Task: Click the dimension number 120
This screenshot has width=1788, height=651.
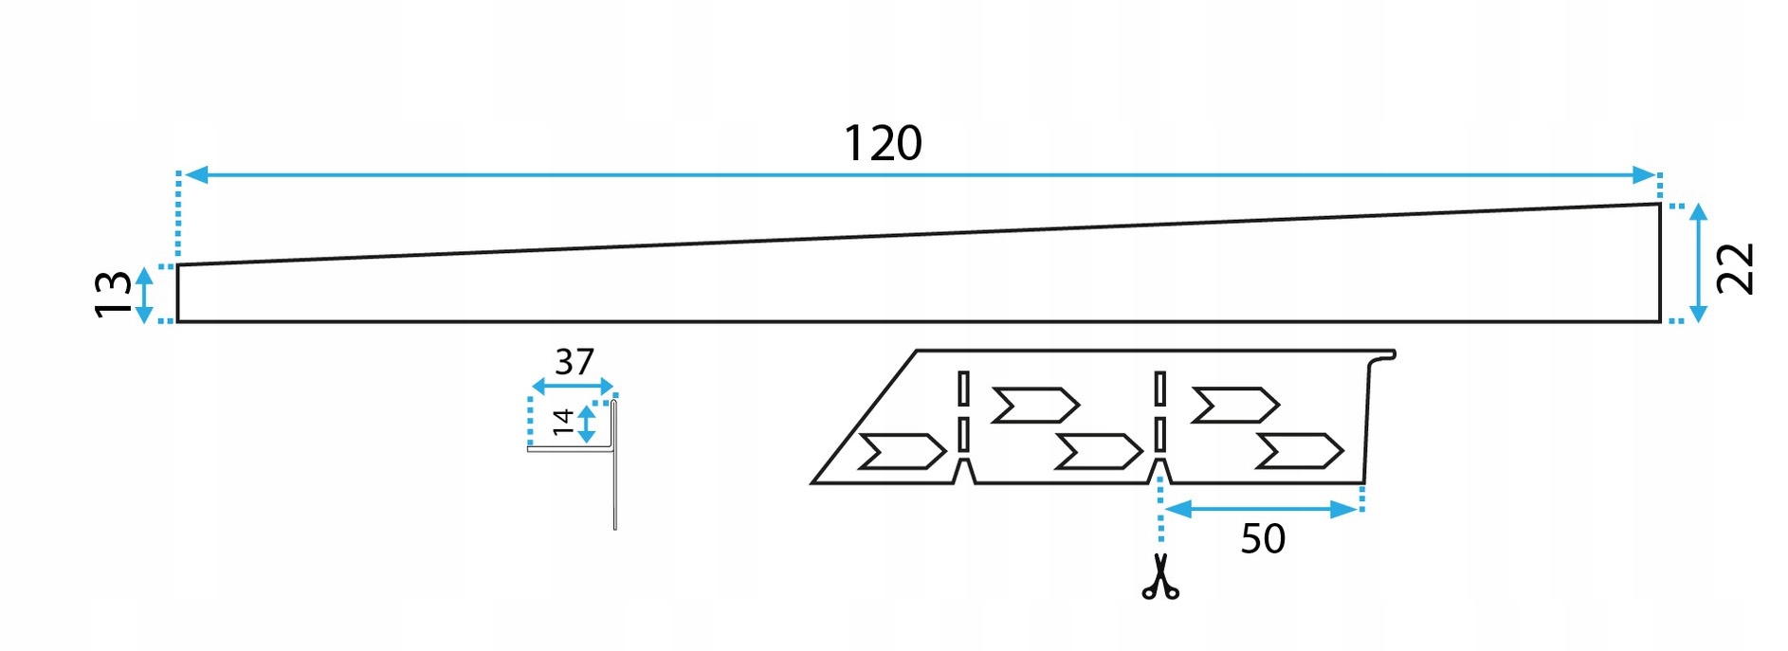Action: point(883,144)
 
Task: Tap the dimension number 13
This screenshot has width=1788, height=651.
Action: point(114,294)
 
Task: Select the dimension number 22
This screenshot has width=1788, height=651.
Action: point(1736,268)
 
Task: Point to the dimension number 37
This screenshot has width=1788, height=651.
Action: point(575,362)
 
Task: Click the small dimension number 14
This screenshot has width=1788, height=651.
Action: point(563,422)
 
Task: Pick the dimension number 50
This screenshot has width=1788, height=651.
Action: point(1263,539)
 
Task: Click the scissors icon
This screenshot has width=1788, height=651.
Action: point(1160,577)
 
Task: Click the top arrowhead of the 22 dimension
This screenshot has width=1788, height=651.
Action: point(1698,211)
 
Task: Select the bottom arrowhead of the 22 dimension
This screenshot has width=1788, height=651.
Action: point(1698,314)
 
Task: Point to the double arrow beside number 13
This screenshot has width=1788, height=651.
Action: point(144,295)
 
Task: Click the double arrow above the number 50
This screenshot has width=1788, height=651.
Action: point(1262,510)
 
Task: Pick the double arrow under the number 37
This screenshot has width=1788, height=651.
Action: point(574,386)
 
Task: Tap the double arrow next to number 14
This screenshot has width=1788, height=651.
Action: point(587,424)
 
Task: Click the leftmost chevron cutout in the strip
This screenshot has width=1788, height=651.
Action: point(902,451)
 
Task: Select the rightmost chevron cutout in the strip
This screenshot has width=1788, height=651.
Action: point(1299,451)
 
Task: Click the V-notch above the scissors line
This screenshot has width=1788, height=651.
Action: point(1159,471)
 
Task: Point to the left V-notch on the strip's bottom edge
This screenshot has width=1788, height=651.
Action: point(963,471)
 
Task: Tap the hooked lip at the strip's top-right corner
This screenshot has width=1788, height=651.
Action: point(1385,356)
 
